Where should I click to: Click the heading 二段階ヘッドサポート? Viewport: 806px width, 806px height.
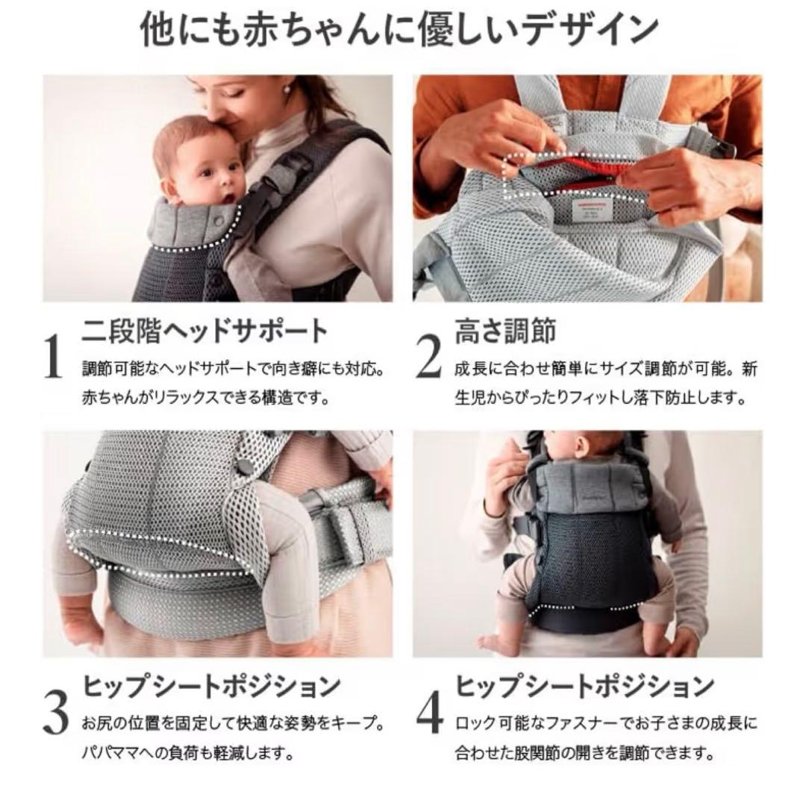(x=205, y=331)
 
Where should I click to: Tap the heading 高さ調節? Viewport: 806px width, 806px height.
(x=504, y=331)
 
